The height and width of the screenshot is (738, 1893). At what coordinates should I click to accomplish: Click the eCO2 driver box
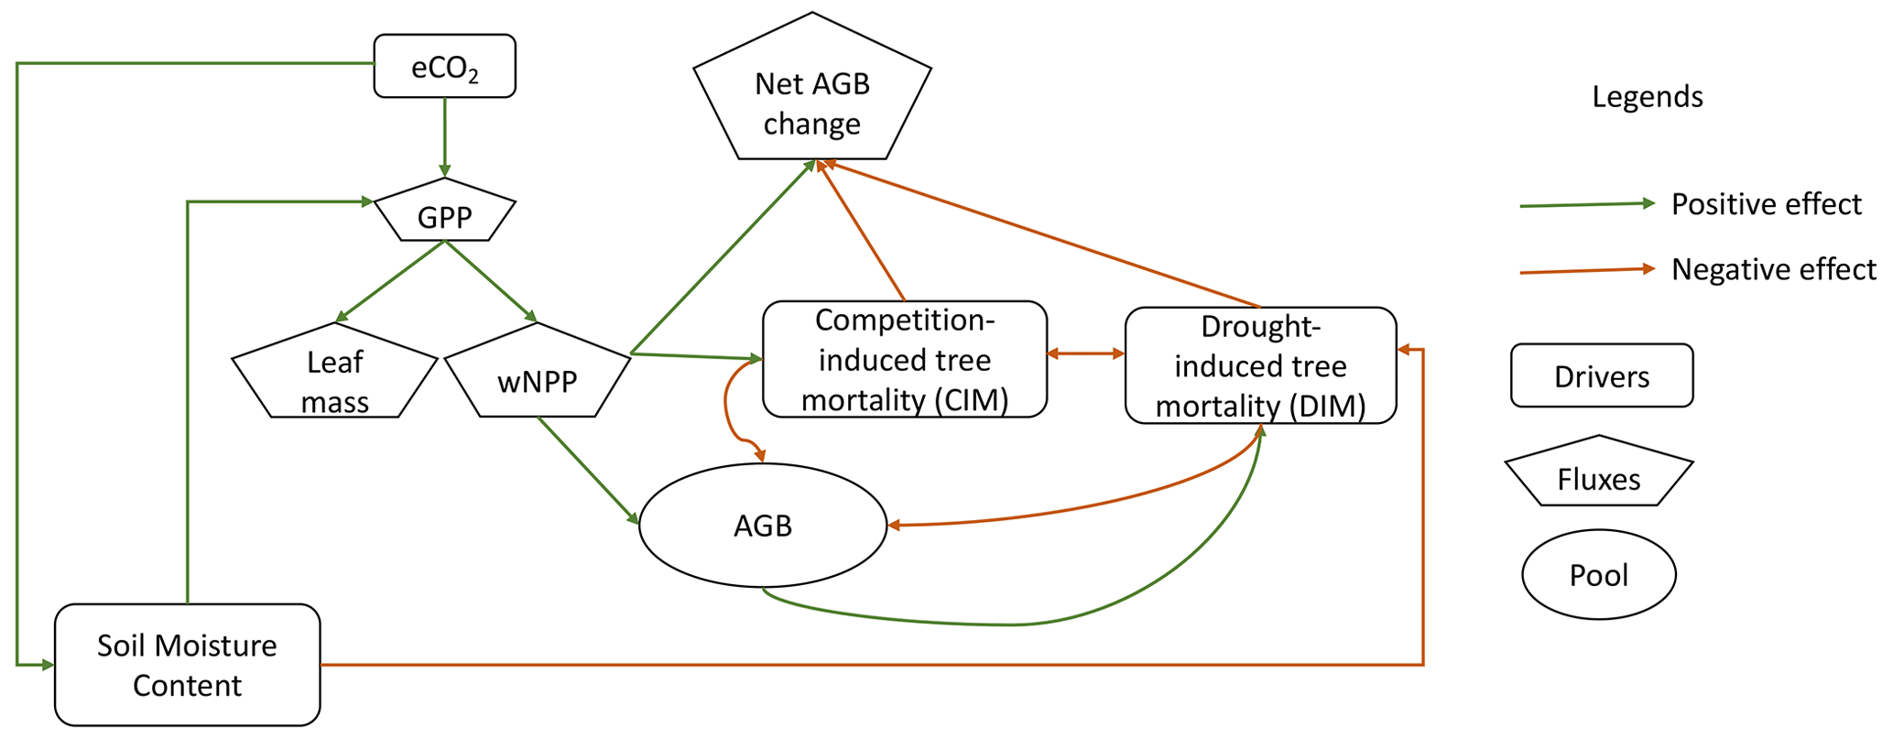[444, 66]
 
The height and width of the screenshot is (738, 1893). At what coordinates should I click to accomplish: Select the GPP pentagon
[444, 216]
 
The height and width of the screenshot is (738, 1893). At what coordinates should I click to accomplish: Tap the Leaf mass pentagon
[334, 379]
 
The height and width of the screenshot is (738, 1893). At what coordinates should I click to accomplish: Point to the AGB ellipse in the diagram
[763, 526]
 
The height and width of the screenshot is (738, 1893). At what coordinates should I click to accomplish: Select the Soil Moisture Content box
[187, 665]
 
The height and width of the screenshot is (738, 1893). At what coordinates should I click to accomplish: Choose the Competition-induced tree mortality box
[904, 359]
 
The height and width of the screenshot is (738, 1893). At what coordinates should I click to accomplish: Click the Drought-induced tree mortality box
[1260, 365]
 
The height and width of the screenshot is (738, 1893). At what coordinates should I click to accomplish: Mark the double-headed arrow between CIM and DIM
[1085, 353]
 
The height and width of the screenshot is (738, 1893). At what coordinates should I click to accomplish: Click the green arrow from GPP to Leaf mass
[390, 281]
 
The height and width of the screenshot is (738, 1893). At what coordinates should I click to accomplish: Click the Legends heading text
[1647, 96]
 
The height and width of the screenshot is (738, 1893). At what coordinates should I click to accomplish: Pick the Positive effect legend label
[1766, 203]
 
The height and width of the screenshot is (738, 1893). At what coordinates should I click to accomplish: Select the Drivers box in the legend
[1601, 375]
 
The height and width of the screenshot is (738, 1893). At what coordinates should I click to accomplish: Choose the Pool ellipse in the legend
[1599, 574]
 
